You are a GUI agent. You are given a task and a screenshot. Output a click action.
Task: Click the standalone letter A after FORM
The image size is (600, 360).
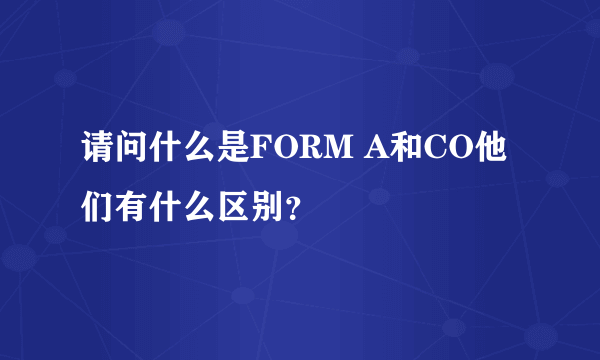378,155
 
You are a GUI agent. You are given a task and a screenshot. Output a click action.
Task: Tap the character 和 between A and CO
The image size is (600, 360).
409,155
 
